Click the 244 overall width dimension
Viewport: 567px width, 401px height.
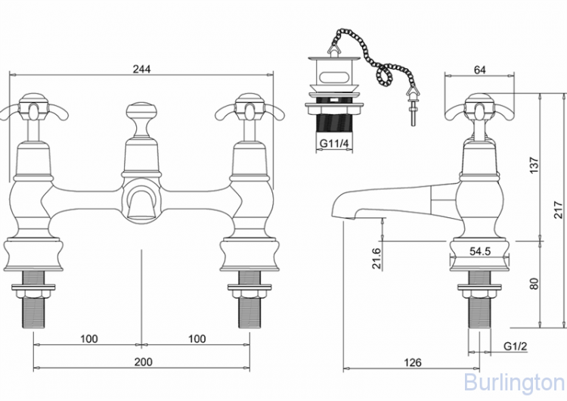(x=142, y=69)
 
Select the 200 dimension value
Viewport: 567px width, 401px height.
(x=142, y=362)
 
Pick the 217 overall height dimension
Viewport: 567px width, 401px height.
(x=558, y=210)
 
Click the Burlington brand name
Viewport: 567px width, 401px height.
(x=514, y=381)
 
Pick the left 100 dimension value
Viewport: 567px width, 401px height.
(x=89, y=338)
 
